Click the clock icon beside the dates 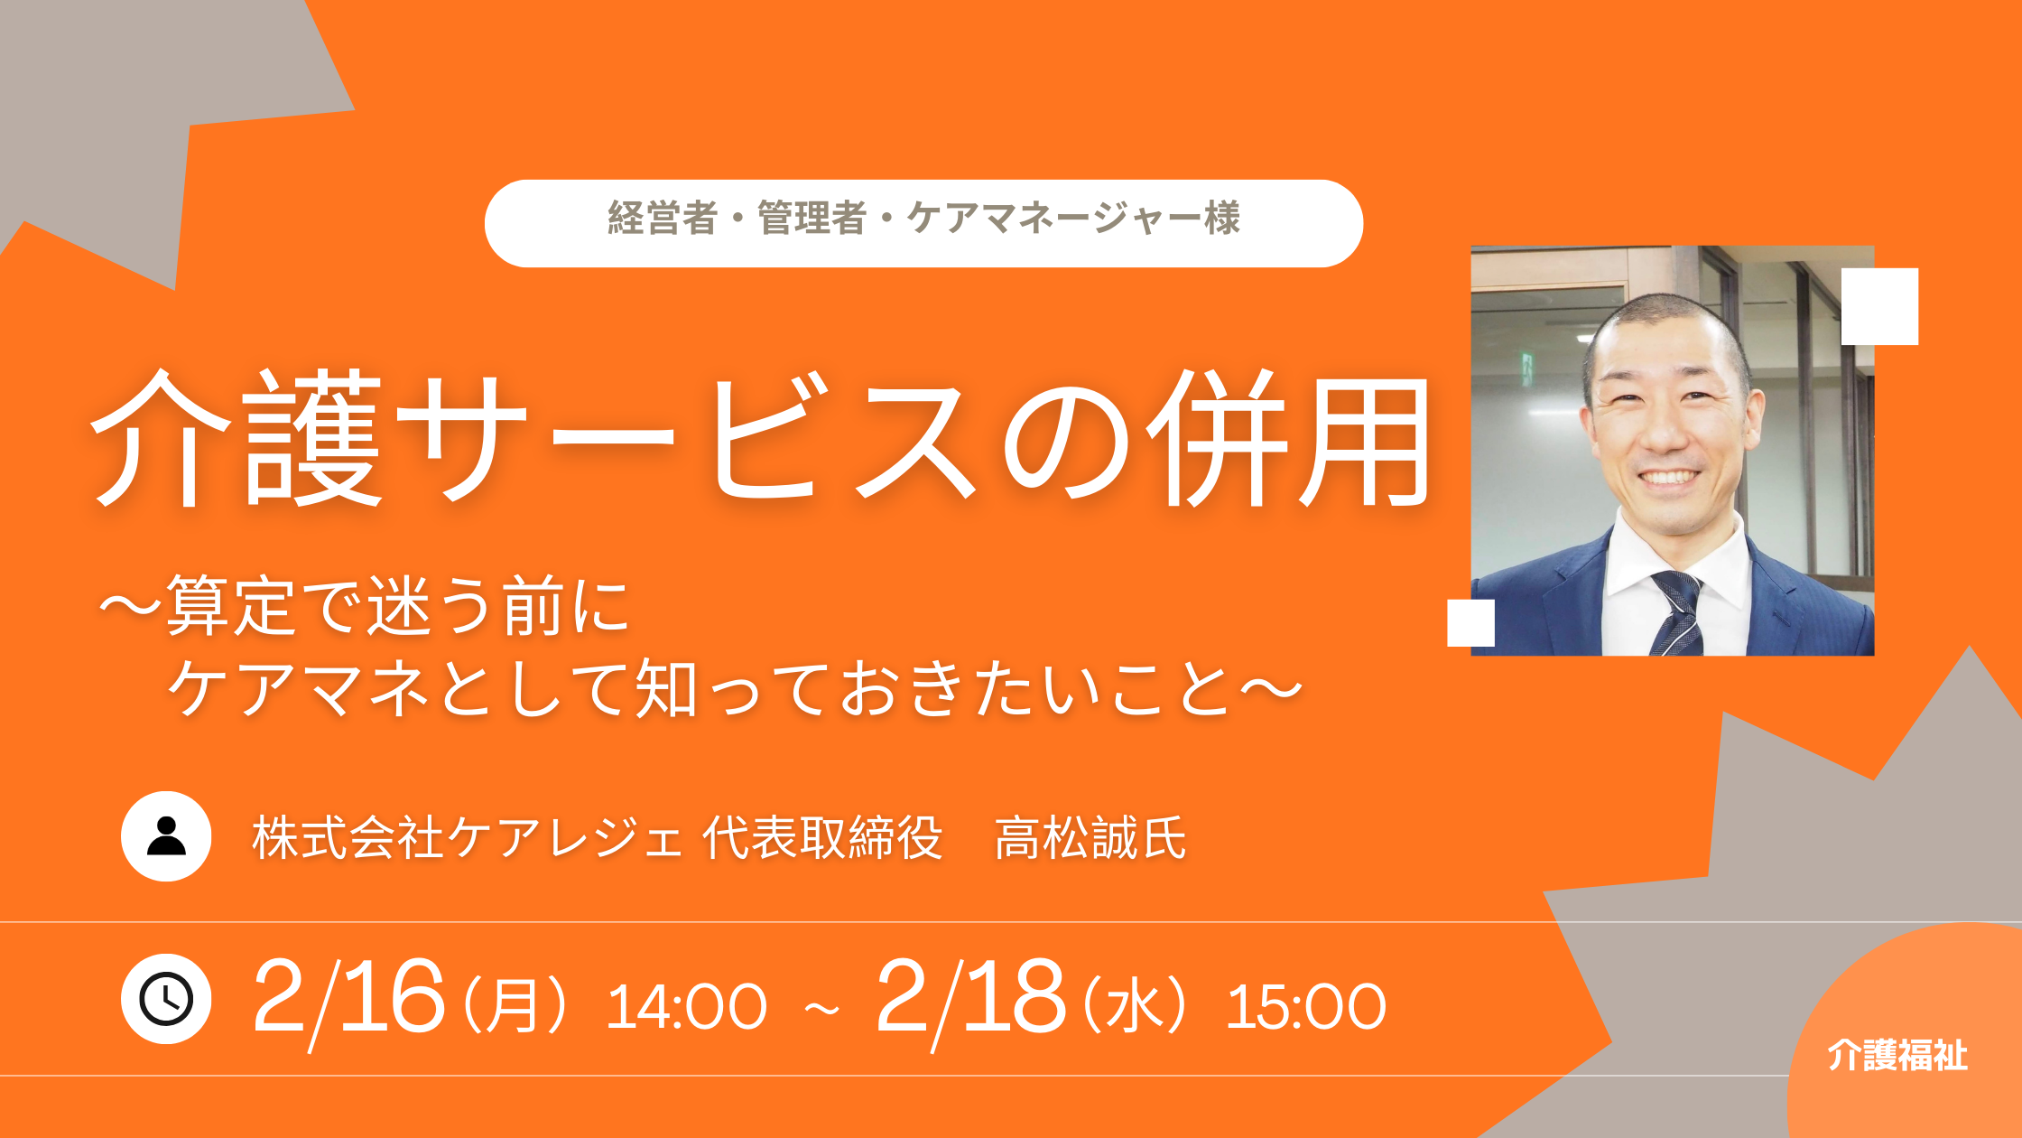point(166,999)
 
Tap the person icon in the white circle point(166,836)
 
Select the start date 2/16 point(348,999)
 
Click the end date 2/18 point(970,999)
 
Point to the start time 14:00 point(686,1006)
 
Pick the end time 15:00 point(1306,1006)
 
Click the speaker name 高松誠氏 point(1090,838)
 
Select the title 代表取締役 point(822,838)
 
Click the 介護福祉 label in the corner point(1897,1055)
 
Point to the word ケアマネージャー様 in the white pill point(1073,219)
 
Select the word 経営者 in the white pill point(663,219)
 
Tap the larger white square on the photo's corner point(1879,306)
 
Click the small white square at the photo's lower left point(1470,623)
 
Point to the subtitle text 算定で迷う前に point(397,605)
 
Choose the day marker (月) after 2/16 point(515,1006)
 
